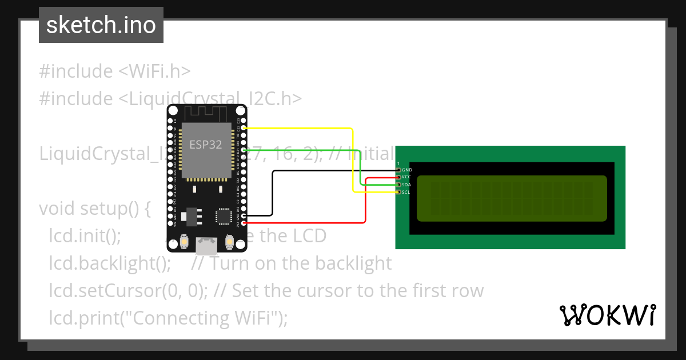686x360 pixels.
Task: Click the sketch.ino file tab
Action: point(101,25)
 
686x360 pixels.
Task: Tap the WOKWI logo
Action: point(608,315)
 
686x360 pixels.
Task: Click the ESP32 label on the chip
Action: point(206,145)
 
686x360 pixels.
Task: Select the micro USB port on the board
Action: point(206,246)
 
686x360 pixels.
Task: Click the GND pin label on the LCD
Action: point(407,170)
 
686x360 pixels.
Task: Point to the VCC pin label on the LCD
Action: point(406,177)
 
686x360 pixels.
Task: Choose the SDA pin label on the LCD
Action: point(406,185)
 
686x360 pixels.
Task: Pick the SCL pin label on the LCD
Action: point(406,192)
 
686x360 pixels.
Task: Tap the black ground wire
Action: point(273,194)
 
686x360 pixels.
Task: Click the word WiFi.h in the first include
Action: point(159,71)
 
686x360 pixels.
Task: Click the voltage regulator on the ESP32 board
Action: point(183,216)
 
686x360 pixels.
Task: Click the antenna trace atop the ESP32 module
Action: point(206,114)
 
